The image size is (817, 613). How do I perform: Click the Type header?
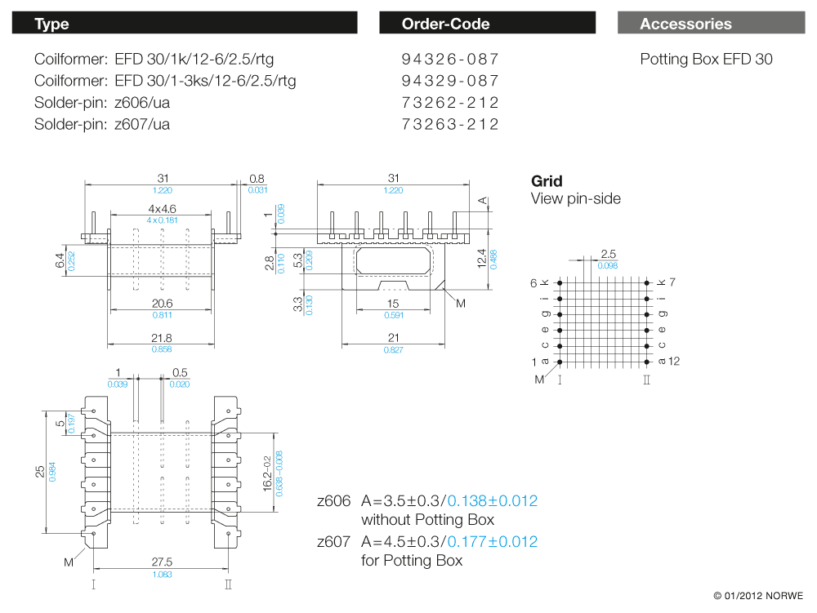pos(51,24)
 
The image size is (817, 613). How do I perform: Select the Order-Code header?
pos(445,24)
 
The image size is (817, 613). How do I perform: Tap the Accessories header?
pos(685,24)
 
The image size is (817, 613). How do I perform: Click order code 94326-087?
pos(449,60)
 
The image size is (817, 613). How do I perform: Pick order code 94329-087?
pos(449,81)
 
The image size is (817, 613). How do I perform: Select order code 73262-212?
pos(449,103)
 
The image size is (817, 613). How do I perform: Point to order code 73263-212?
pos(449,124)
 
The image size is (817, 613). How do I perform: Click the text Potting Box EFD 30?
pos(706,60)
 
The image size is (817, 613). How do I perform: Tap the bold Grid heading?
pos(547,181)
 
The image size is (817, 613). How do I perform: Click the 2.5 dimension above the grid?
pos(609,255)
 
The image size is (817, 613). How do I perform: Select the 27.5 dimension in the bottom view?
pos(162,562)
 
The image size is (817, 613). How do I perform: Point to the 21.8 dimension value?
pos(161,338)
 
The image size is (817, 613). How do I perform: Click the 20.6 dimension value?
pos(161,303)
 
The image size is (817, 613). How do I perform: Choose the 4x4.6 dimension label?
pos(162,209)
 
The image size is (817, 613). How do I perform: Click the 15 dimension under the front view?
pos(393,304)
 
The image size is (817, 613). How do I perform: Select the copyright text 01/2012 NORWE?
pos(757,595)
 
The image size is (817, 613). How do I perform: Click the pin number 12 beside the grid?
pos(674,361)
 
